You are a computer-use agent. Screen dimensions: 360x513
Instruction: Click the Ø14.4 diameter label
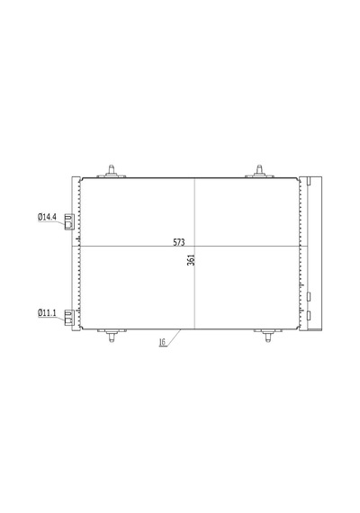(x=47, y=217)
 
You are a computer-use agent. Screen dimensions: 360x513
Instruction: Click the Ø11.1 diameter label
(x=47, y=313)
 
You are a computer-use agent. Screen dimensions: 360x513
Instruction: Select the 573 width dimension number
(x=179, y=242)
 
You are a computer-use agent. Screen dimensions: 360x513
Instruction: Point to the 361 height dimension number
(x=191, y=260)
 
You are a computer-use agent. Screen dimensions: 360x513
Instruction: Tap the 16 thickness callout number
(x=162, y=342)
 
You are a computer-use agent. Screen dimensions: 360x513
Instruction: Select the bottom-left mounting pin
(x=112, y=336)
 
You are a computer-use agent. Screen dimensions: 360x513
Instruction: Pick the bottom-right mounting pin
(x=268, y=336)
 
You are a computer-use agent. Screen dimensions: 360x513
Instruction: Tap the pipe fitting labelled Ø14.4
(x=69, y=221)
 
